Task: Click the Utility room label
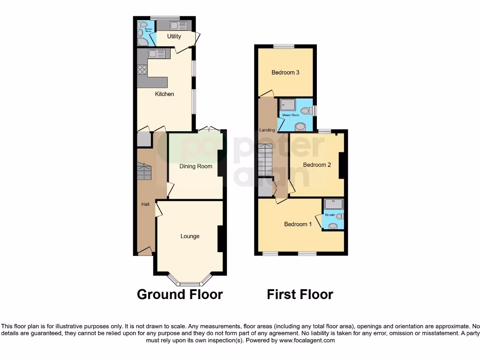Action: tap(174, 37)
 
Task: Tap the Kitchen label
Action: tap(165, 94)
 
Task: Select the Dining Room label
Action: tap(196, 166)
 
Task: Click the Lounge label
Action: tap(190, 236)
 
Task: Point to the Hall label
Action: tap(145, 205)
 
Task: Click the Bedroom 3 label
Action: tap(285, 73)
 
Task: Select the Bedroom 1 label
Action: tap(298, 224)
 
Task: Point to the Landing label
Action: tap(267, 130)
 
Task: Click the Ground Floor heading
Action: tap(180, 294)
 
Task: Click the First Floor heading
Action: tap(300, 294)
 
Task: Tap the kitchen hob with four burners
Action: tap(142, 70)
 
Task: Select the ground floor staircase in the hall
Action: tap(144, 172)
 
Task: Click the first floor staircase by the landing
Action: tap(266, 159)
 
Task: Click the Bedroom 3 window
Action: tap(284, 45)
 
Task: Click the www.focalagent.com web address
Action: tap(307, 340)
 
